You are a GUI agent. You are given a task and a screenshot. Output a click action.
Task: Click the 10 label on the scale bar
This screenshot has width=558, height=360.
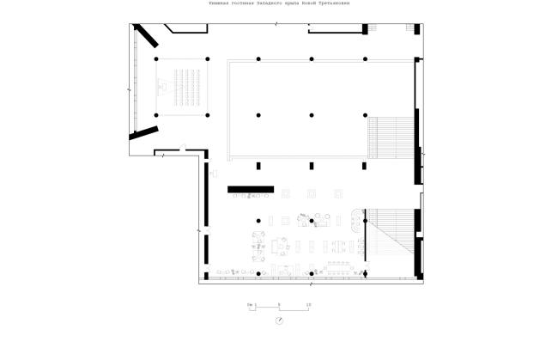coord(308,304)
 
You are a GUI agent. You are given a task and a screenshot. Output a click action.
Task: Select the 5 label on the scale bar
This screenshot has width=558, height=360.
coord(279,304)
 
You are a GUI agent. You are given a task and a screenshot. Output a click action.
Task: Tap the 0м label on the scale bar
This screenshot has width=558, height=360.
coord(250,304)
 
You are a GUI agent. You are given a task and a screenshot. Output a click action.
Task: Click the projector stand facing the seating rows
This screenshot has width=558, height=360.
coord(161,86)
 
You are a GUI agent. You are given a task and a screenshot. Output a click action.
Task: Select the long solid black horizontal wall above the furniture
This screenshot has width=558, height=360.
coord(250,188)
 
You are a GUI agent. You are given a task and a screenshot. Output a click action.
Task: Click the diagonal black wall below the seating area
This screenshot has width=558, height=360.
coord(143,133)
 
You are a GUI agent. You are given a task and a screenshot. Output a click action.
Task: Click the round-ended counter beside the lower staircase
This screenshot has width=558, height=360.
coord(358,220)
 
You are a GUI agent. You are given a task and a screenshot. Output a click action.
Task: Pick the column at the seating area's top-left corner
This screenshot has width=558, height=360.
coord(156,58)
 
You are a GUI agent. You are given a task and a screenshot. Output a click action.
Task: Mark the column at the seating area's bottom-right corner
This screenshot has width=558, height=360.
coord(207,114)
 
